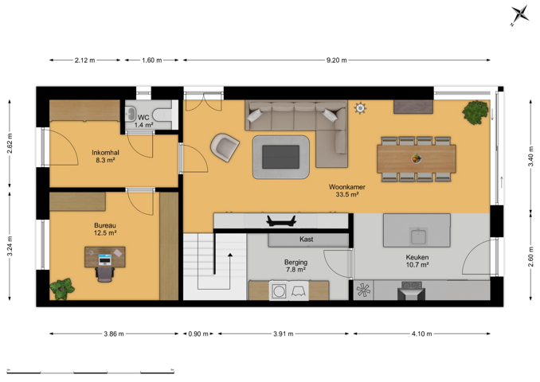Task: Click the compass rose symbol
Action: coord(519,15)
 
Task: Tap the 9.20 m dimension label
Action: coord(336,60)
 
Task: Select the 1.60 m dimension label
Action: coord(152,60)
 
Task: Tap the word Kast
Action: coord(306,240)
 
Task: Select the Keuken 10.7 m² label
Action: coord(417,261)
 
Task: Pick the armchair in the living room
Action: coord(225,147)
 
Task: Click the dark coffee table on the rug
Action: coord(280,157)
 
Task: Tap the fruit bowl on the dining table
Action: coord(417,158)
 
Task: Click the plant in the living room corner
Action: coord(475,112)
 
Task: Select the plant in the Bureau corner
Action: coord(62,289)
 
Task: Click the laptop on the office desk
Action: coord(104,259)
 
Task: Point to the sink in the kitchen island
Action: coord(418,236)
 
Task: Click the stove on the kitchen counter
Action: coord(411,290)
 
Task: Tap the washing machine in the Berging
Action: coord(279,291)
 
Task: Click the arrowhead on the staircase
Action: coord(229,255)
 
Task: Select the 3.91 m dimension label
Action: coord(284,333)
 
